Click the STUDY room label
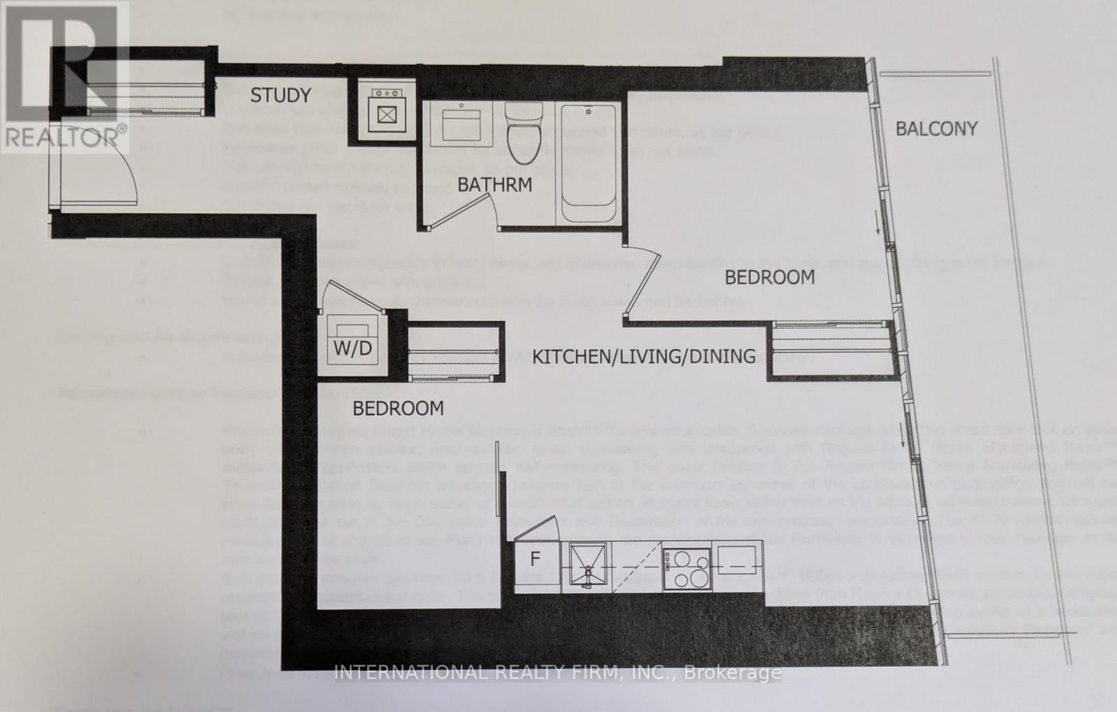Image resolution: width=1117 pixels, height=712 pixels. point(281,96)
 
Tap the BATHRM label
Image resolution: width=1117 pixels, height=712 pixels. point(495,185)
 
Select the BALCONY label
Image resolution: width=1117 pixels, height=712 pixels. point(936,129)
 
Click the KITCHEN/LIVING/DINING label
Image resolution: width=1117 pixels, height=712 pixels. point(644,357)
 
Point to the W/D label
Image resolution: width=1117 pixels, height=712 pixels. point(353,348)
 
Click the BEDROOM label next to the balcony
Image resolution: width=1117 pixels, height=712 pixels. point(769,278)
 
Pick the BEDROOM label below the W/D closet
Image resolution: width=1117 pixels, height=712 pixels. point(398,408)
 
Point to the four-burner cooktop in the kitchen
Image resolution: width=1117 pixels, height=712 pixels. point(686,568)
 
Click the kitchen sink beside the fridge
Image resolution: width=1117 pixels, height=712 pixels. point(588,568)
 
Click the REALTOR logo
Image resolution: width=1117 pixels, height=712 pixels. point(64,77)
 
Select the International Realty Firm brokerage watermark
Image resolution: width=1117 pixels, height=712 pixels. point(558,673)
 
